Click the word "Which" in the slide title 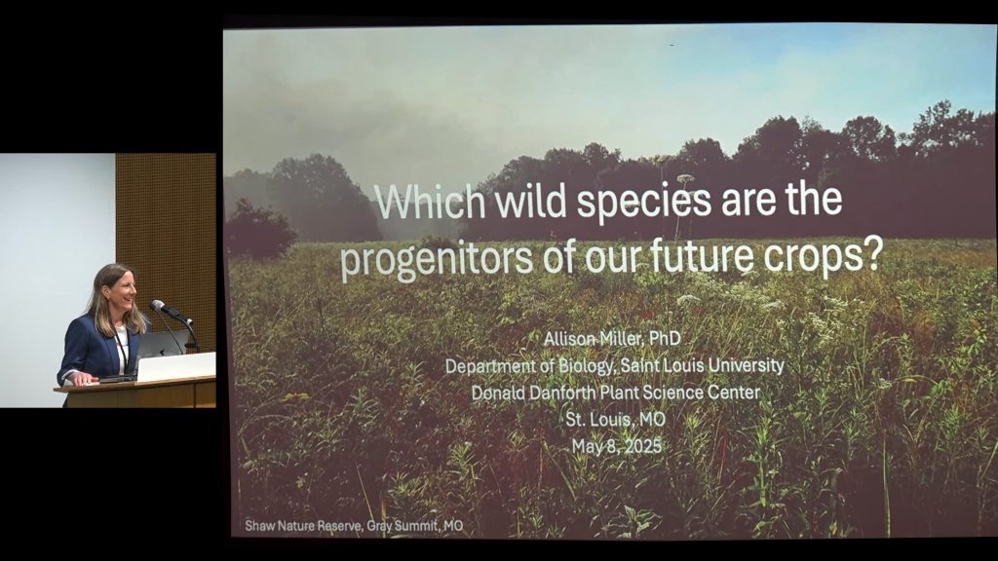pyautogui.click(x=430, y=201)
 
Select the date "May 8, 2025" pyautogui.click(x=616, y=446)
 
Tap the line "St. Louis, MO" pyautogui.click(x=615, y=419)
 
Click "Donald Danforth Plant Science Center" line pyautogui.click(x=616, y=393)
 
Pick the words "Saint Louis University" pyautogui.click(x=702, y=366)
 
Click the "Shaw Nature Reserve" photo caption pyautogui.click(x=354, y=526)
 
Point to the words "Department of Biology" pyautogui.click(x=529, y=367)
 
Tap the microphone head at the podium pyautogui.click(x=158, y=306)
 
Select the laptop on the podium pyautogui.click(x=175, y=366)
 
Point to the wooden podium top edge pyautogui.click(x=134, y=382)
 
